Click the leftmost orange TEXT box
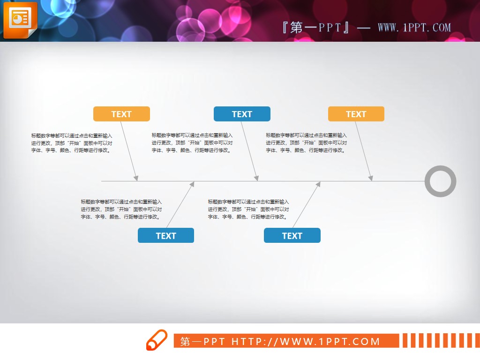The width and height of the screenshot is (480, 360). [121, 114]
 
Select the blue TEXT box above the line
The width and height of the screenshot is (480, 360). [242, 114]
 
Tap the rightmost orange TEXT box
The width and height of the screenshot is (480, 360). [356, 114]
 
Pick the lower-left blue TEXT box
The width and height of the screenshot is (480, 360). [165, 235]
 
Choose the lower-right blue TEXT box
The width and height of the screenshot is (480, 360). [292, 235]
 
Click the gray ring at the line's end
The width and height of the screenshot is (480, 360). [440, 181]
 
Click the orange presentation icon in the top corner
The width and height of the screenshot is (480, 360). [20, 19]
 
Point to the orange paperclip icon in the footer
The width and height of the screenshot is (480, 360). [156, 340]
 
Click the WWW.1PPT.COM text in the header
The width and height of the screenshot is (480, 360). [414, 27]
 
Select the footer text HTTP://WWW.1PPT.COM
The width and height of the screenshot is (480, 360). [306, 341]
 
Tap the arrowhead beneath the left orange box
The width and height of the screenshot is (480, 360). [136, 178]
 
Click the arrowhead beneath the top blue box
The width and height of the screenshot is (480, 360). [256, 178]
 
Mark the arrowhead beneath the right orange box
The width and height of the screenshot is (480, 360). [371, 178]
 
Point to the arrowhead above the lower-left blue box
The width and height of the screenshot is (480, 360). [192, 184]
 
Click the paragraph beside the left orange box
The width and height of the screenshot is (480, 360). [72, 143]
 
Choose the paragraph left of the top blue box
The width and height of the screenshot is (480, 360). [192, 143]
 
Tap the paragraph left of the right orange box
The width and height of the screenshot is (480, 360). [306, 143]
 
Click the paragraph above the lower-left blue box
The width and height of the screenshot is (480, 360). [121, 209]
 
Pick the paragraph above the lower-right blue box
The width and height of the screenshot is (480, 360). [248, 209]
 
